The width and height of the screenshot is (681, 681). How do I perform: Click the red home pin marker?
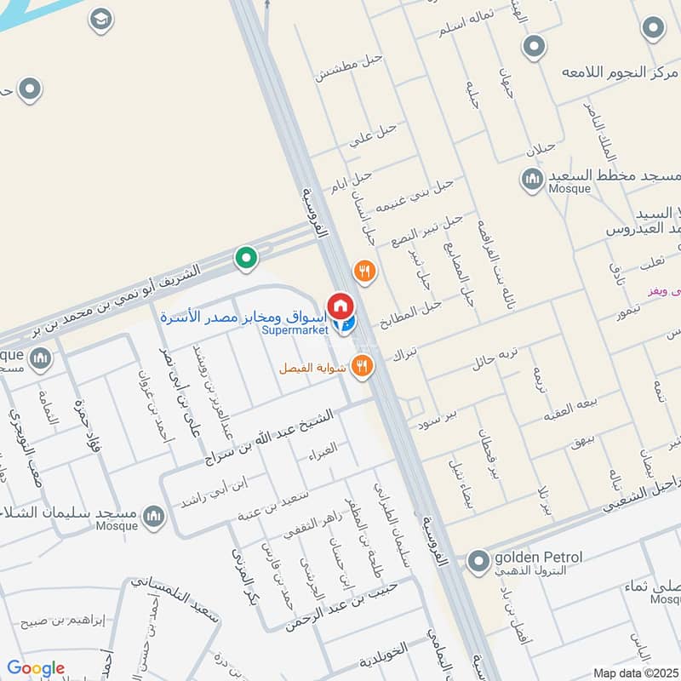(x=340, y=304)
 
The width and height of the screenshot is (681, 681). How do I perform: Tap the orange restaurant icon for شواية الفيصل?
(x=363, y=366)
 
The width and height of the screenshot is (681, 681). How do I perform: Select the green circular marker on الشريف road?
(x=246, y=256)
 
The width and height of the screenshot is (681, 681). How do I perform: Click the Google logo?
(x=36, y=668)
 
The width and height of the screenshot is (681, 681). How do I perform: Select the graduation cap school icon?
(x=101, y=20)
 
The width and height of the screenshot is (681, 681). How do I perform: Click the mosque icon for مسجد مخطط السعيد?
(x=532, y=179)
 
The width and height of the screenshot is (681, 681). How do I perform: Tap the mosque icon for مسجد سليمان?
(x=153, y=516)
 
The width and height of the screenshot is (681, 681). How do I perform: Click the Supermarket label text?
(x=295, y=330)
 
